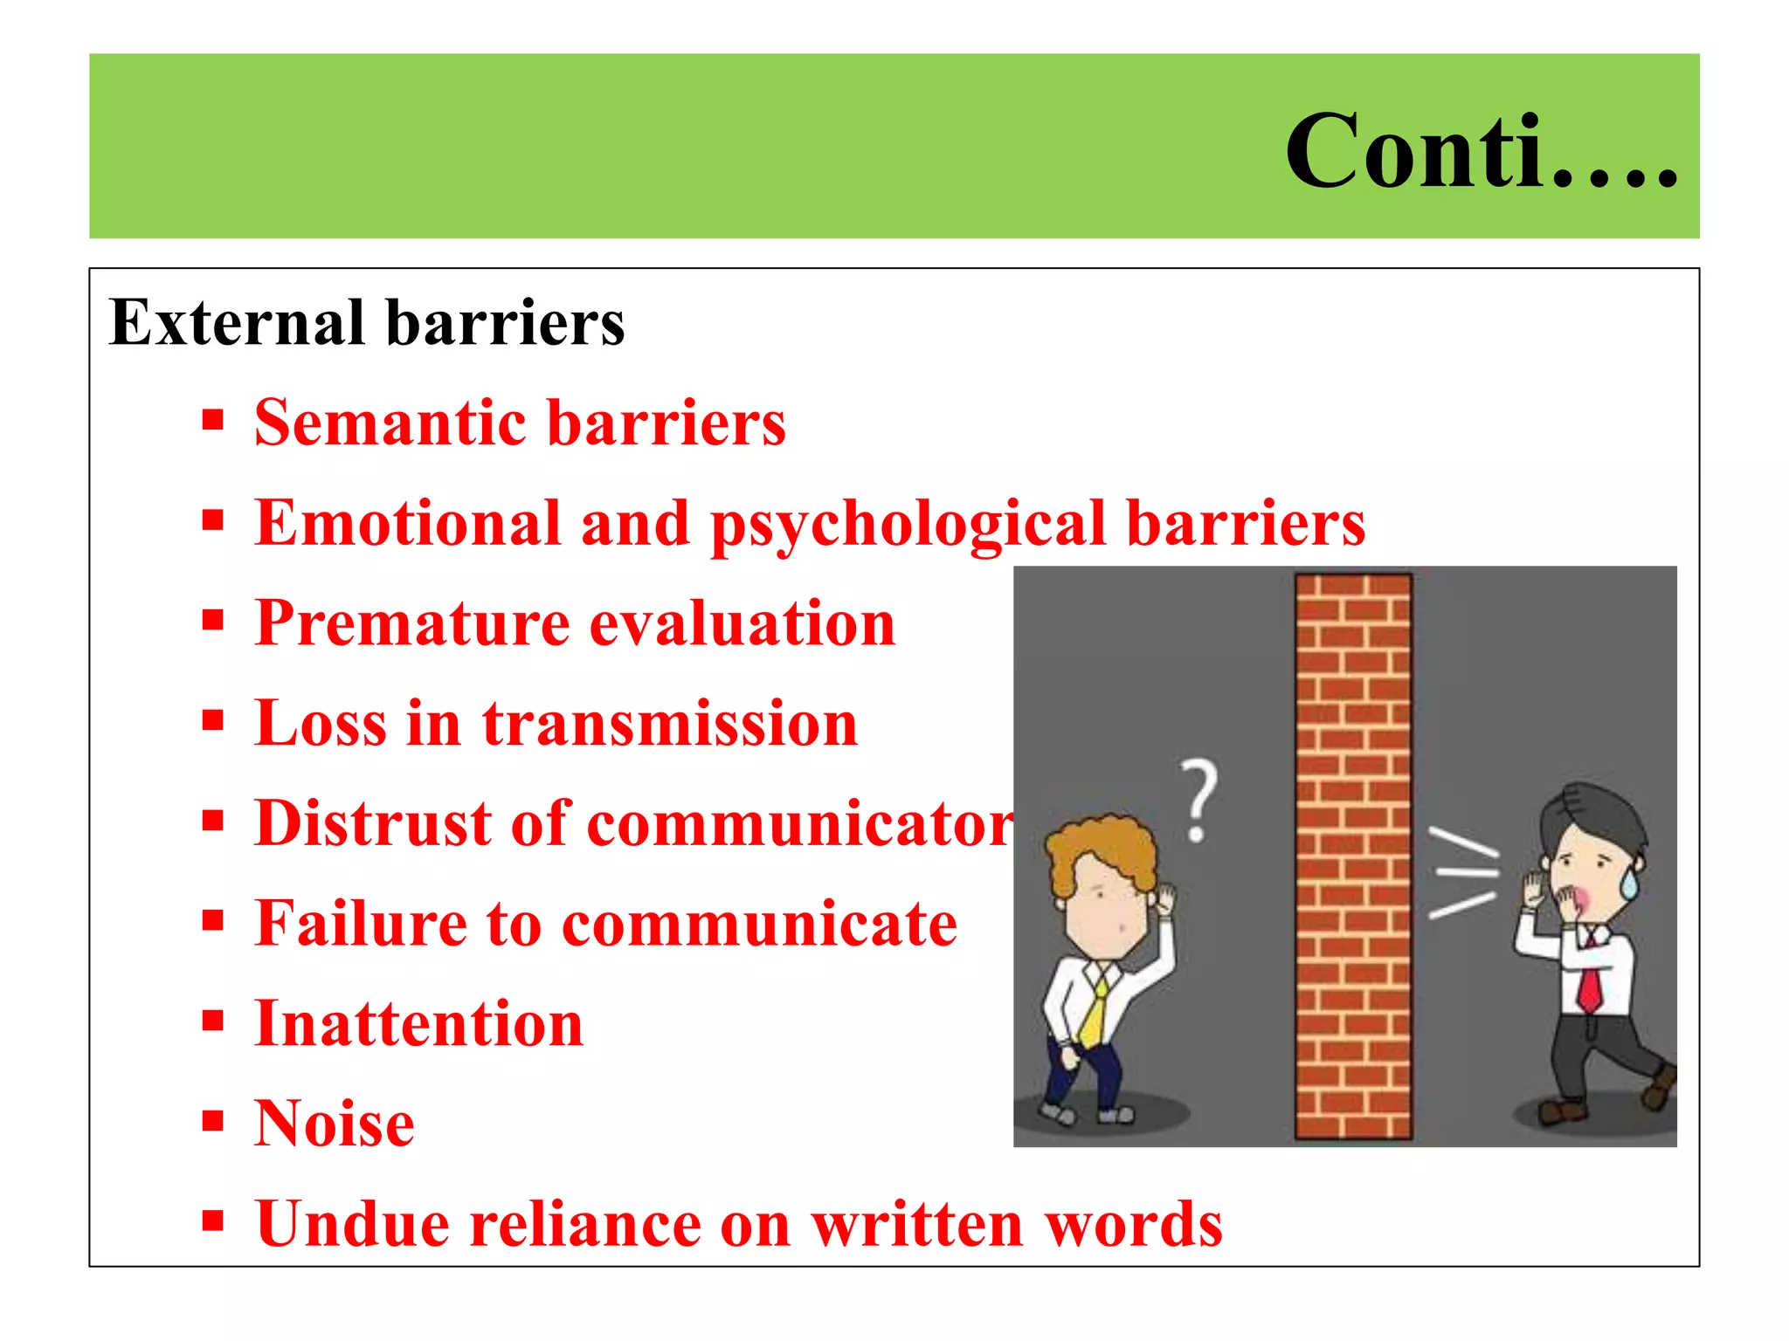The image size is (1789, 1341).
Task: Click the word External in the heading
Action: click(x=236, y=323)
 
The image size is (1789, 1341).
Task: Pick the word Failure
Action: click(x=357, y=925)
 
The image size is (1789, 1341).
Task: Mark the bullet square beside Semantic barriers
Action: click(x=212, y=420)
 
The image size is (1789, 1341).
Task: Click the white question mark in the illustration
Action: click(x=1199, y=799)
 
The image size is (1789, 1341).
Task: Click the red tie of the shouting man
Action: click(x=1590, y=982)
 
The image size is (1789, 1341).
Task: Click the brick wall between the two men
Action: click(x=1352, y=856)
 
